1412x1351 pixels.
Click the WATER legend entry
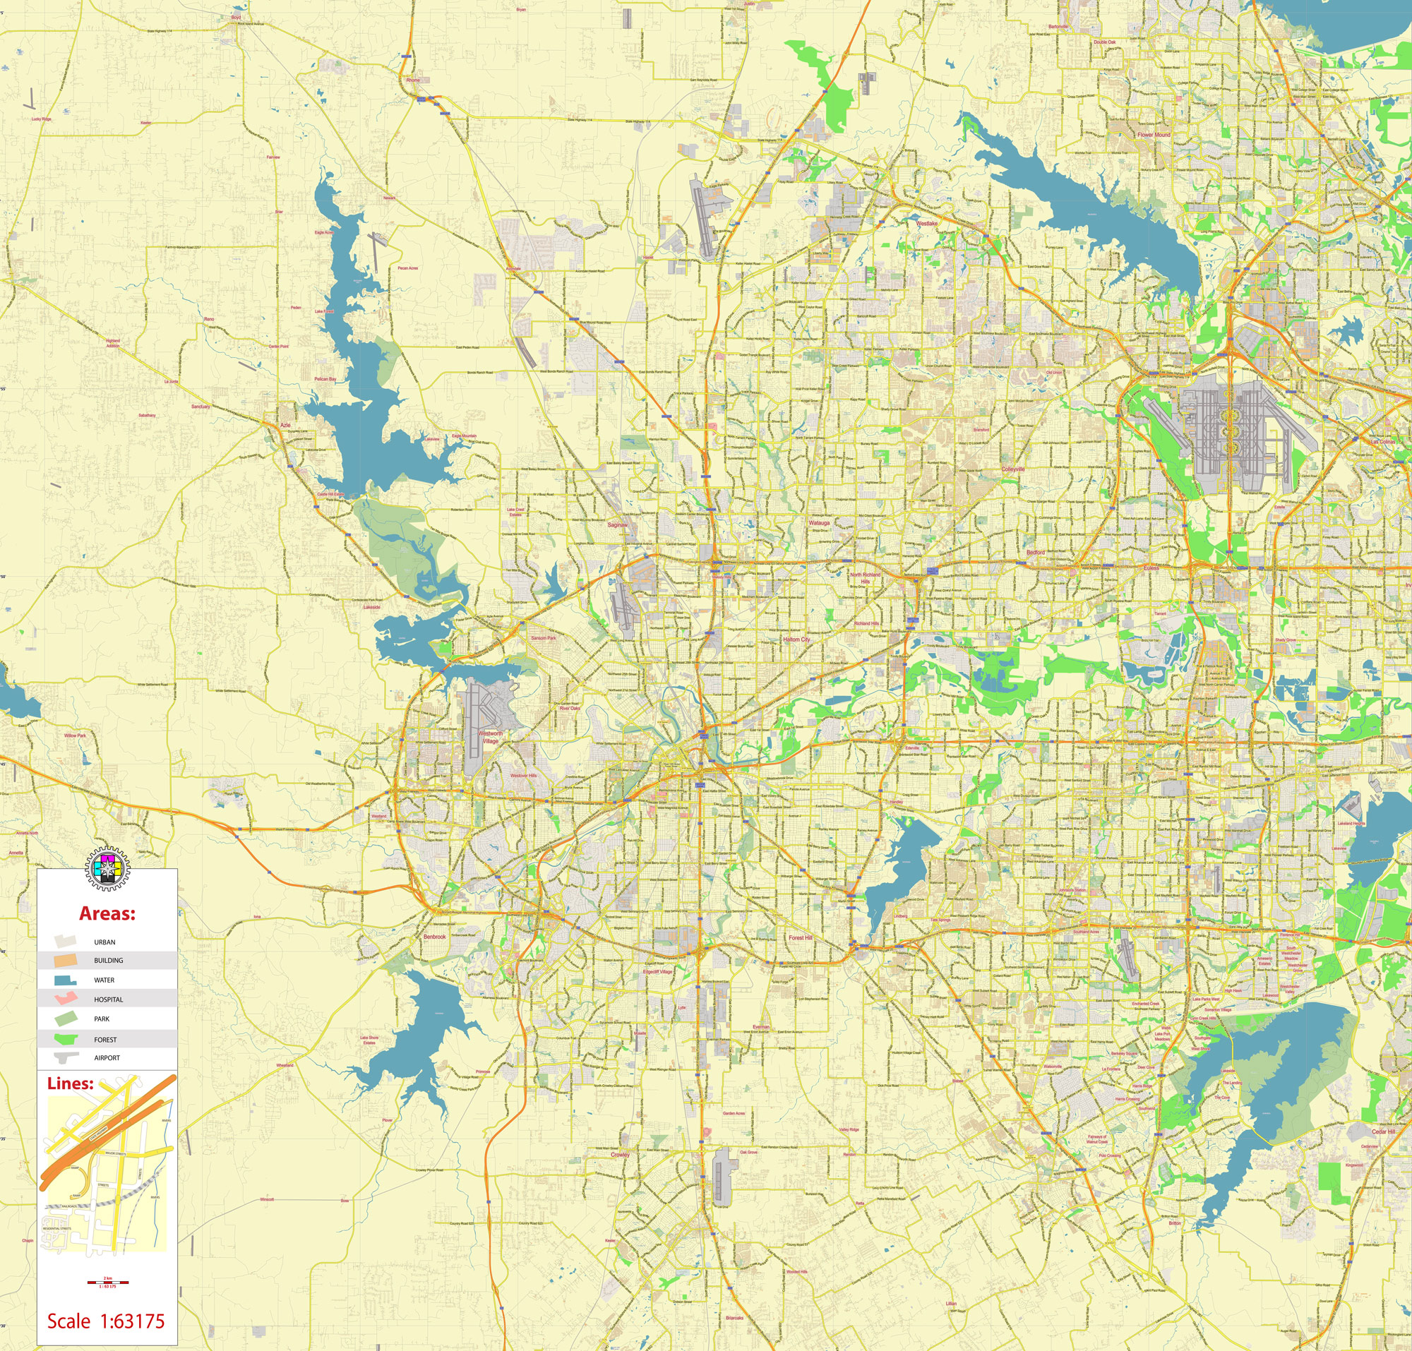[x=104, y=980]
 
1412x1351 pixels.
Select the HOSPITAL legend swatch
[x=66, y=999]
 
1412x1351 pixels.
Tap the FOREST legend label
[x=105, y=1040]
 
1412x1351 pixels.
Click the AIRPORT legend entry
[x=107, y=1058]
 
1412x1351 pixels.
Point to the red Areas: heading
[x=107, y=914]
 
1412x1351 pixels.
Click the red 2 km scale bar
[x=107, y=1283]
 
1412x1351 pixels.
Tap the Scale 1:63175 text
[x=106, y=1321]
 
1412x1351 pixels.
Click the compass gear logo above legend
[x=107, y=867]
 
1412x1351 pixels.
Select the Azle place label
[x=285, y=426]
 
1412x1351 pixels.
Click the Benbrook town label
[x=434, y=937]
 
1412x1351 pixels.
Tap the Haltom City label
[x=796, y=640]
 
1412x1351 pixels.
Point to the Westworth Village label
[x=491, y=737]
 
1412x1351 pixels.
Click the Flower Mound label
[x=1154, y=135]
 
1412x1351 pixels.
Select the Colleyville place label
[x=1012, y=469]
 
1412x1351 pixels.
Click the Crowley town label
[x=620, y=1154]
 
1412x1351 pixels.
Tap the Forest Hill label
[x=800, y=937]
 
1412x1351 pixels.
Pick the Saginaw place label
[x=616, y=525]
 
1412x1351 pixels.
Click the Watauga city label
[x=819, y=523]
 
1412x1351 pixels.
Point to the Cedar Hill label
[x=1383, y=1131]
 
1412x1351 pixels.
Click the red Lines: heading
[x=70, y=1083]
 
